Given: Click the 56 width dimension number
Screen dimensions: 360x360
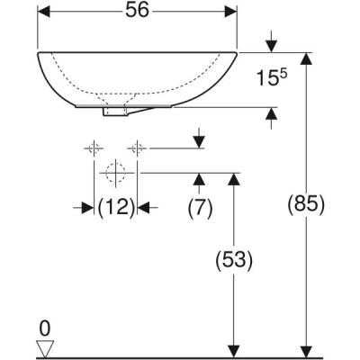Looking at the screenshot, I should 137,11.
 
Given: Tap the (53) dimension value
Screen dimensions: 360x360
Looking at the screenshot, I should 234,261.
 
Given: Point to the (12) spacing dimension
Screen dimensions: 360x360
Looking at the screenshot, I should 115,208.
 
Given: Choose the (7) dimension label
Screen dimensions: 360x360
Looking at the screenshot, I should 200,208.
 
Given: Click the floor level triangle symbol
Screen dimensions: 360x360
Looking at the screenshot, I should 42,346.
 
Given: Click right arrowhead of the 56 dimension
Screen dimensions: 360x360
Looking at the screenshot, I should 231,12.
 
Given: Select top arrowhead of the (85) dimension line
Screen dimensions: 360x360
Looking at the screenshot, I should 309,58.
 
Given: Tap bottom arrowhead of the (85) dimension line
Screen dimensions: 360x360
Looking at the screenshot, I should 309,351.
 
